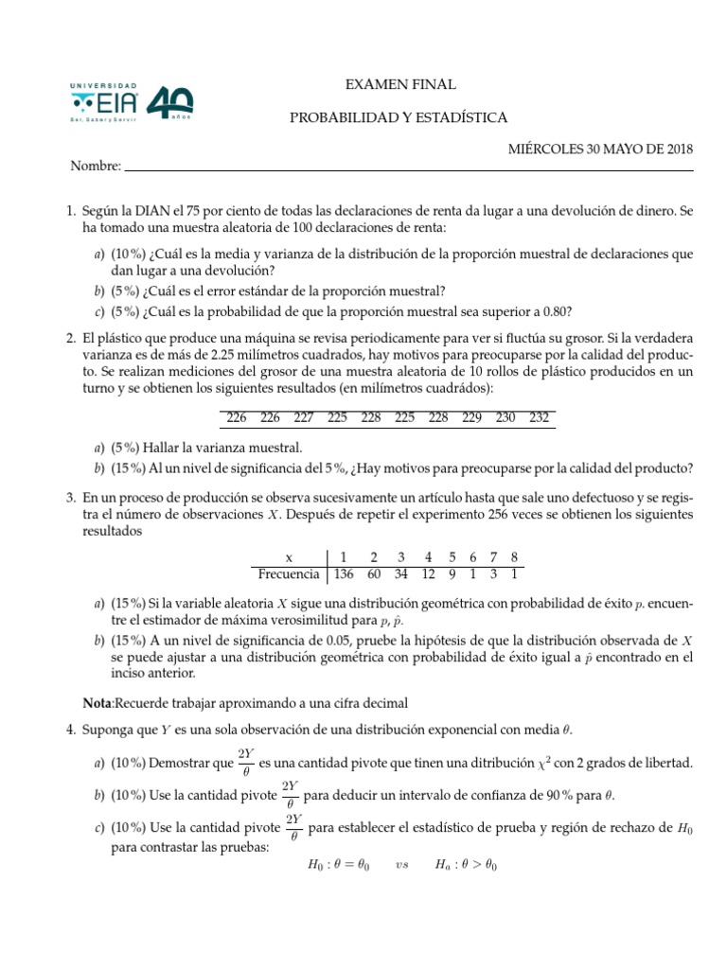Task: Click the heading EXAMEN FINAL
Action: click(x=401, y=85)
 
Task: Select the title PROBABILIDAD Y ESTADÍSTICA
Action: click(x=399, y=117)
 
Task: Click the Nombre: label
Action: click(x=96, y=167)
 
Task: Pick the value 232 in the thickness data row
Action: click(x=540, y=417)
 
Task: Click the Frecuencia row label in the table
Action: click(x=289, y=574)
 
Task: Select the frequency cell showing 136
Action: click(x=345, y=574)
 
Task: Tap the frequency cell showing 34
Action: click(x=400, y=574)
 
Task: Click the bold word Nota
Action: click(x=98, y=703)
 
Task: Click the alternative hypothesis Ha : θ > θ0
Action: click(x=466, y=864)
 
